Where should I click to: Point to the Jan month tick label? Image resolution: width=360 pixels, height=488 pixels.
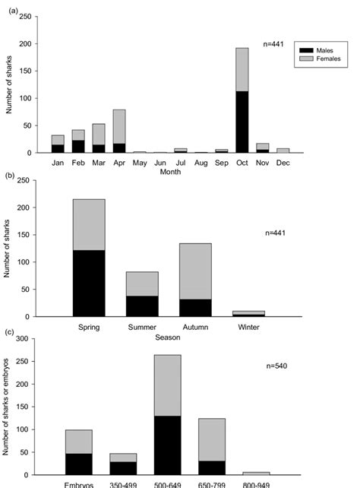[57, 163]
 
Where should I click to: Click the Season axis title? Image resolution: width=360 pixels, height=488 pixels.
[169, 337]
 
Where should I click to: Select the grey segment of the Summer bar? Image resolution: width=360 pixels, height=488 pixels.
[142, 284]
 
